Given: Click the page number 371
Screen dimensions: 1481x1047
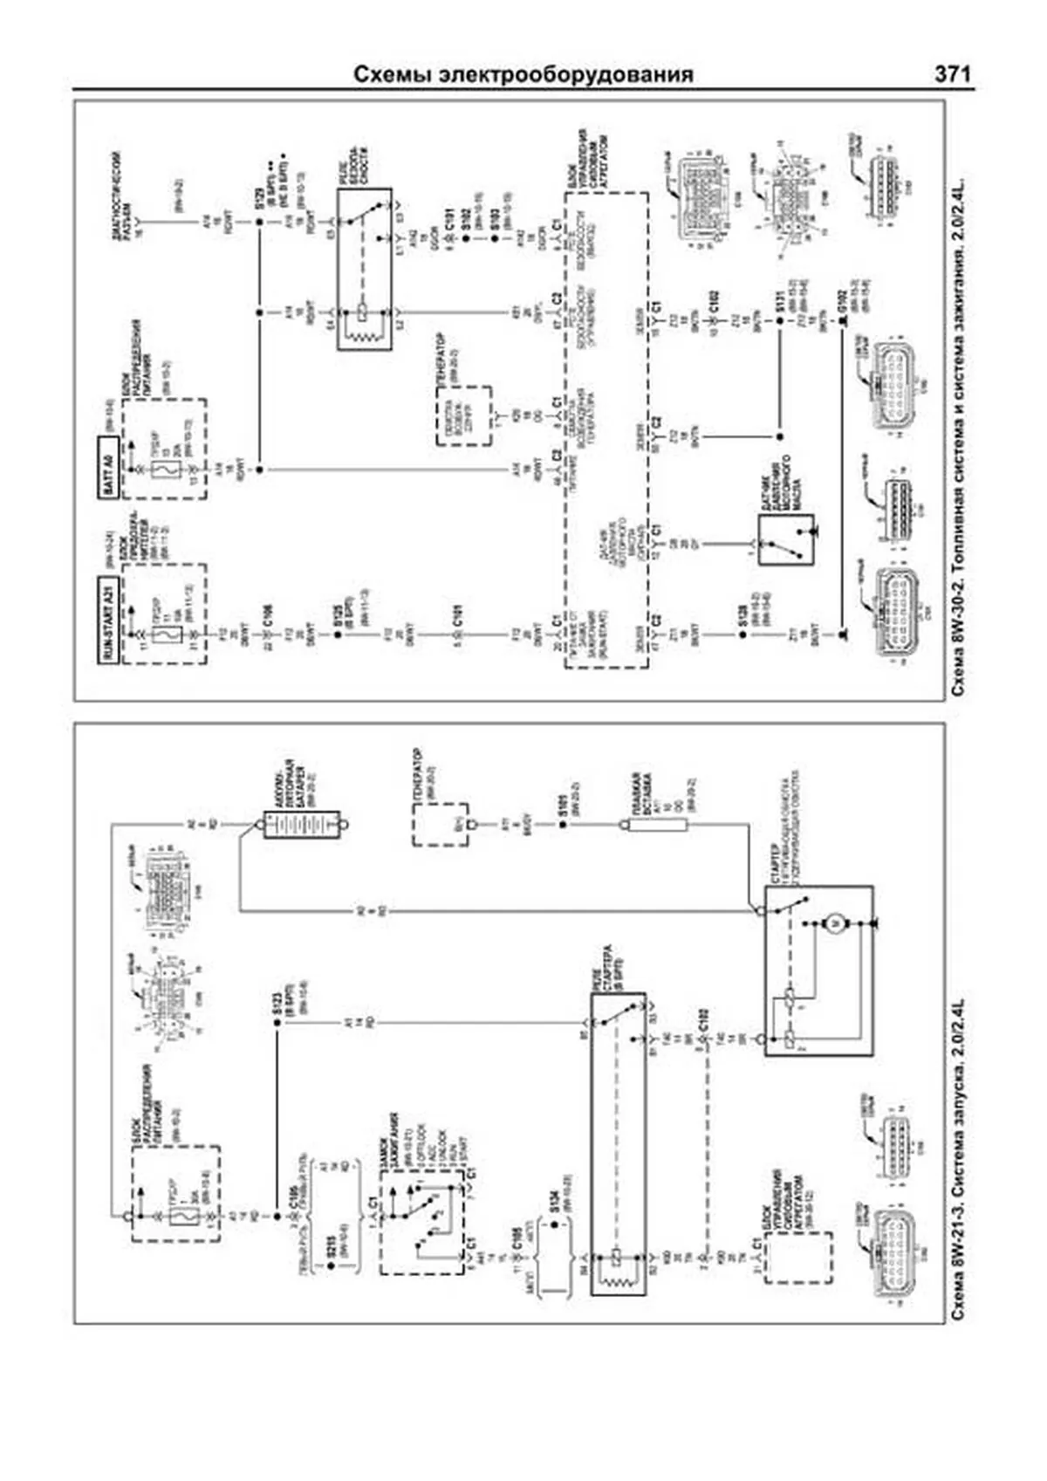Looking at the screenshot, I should pyautogui.click(x=952, y=74).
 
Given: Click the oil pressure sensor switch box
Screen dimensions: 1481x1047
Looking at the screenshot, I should pyautogui.click(x=785, y=539).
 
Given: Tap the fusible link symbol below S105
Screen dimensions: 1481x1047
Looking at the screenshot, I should pyautogui.click(x=656, y=824).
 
